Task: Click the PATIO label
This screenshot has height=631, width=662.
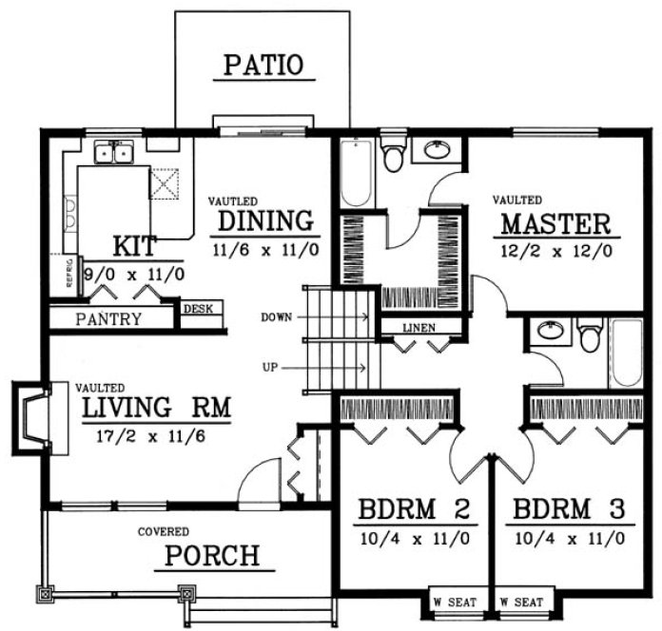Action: (x=263, y=66)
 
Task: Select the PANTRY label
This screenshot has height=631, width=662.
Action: (x=108, y=319)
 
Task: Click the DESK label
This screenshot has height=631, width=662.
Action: (x=198, y=309)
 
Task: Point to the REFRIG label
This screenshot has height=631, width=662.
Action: (x=69, y=274)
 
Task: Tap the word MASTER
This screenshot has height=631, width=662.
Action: (x=555, y=224)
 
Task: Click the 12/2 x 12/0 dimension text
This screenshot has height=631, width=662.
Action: (x=555, y=252)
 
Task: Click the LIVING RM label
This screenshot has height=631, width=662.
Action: (x=157, y=409)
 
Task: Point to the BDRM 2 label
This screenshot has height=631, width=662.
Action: (x=414, y=509)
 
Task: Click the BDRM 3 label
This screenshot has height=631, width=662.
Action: (x=569, y=509)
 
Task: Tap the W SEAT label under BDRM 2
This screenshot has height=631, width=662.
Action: (x=451, y=602)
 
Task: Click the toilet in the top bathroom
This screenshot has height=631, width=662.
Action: (x=393, y=155)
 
